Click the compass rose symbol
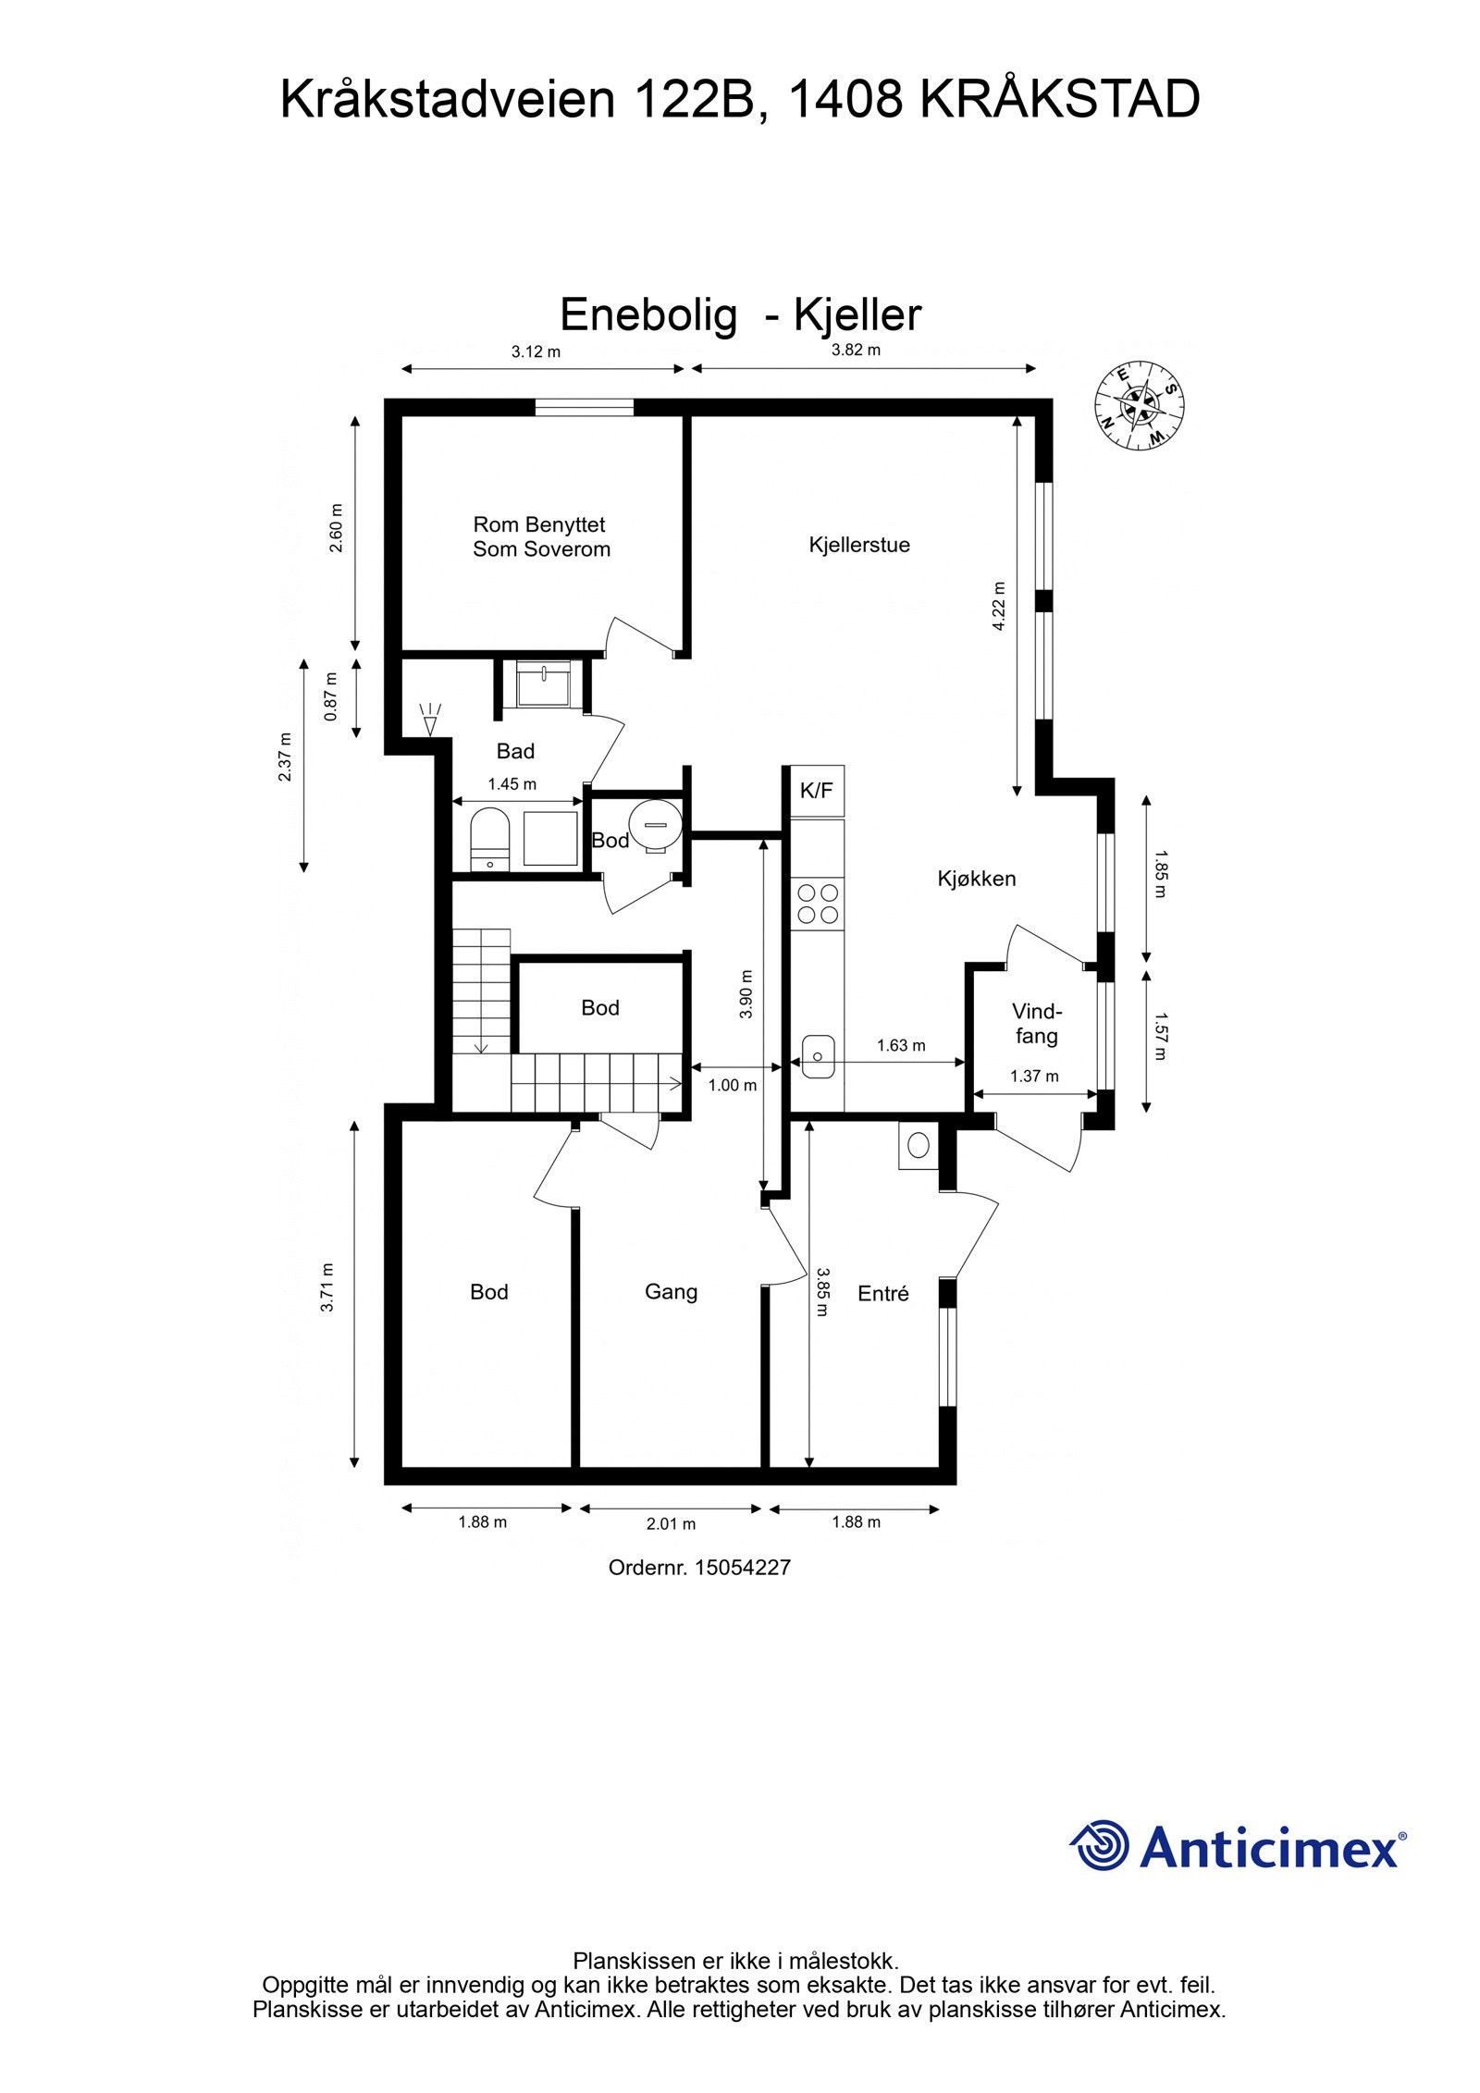(1139, 406)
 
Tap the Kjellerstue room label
(859, 545)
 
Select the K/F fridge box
(816, 791)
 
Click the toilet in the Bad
(489, 837)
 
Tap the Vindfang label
(1036, 1023)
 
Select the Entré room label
(882, 1294)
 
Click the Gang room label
(671, 1291)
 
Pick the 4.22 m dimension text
(998, 606)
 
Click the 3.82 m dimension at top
(856, 350)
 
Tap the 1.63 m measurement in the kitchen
(901, 1045)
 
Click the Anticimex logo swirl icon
(1102, 1845)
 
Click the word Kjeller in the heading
(857, 315)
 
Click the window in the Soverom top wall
(585, 408)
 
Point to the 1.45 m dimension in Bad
(512, 784)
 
